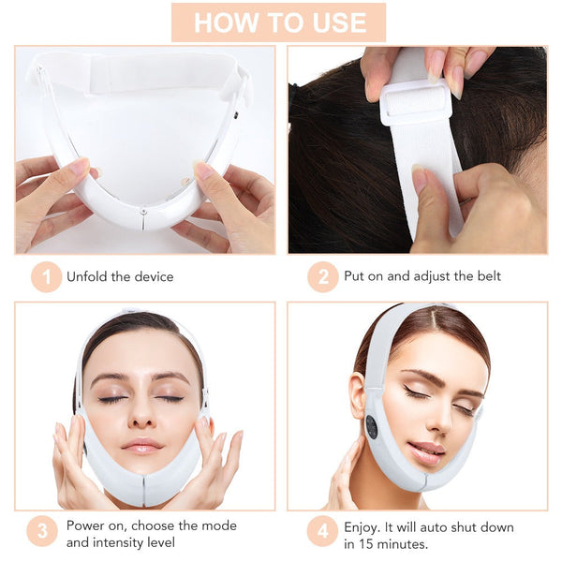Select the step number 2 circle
point(322,276)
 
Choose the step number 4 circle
point(322,533)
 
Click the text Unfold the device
point(120,276)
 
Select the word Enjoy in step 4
point(363,525)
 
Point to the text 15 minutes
point(400,543)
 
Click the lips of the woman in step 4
point(426,451)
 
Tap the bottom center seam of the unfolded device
point(142,217)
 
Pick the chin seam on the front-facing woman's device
point(143,487)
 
